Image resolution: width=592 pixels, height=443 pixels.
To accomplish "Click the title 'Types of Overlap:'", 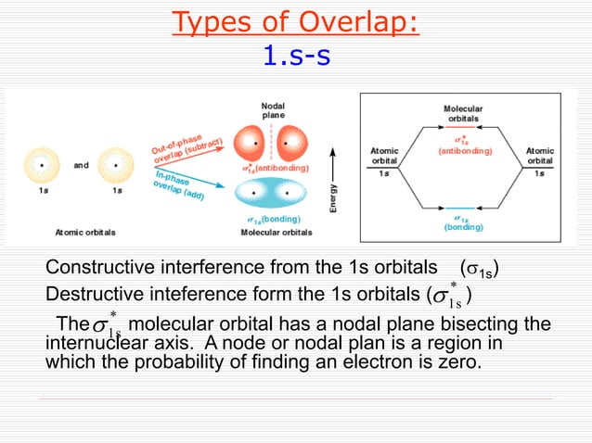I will coord(295,21).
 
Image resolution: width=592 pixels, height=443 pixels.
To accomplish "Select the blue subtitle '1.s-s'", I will coord(295,57).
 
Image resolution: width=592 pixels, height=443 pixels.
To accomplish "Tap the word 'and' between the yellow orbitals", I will coord(82,166).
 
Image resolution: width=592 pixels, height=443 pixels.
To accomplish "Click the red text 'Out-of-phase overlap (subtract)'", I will coord(189,144).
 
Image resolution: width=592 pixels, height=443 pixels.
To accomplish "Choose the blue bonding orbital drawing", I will coord(273,195).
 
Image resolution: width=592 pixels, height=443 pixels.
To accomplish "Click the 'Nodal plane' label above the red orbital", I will coord(273,110).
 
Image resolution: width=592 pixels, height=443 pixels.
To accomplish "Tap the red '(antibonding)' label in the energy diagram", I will coord(463,149).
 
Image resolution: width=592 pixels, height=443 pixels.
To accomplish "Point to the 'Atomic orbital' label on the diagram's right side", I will coord(540,155).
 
